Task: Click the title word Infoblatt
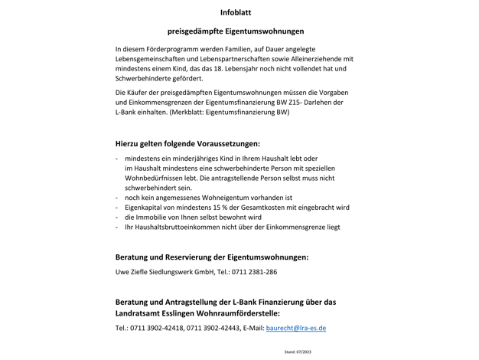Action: tap(236, 12)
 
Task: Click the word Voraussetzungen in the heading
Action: tap(223, 143)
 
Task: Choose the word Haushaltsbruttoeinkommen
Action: tap(180, 227)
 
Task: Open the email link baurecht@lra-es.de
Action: tap(296, 328)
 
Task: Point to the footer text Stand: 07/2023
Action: tap(298, 352)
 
